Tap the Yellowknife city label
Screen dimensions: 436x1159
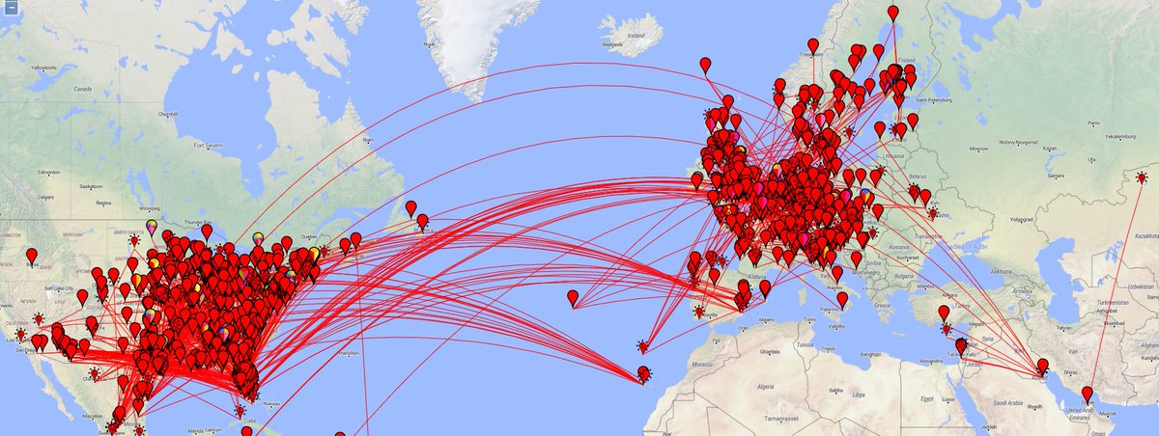click(45, 68)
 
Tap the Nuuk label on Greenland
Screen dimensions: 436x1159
click(367, 140)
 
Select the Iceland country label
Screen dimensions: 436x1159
click(636, 36)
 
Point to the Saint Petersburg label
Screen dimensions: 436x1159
click(935, 99)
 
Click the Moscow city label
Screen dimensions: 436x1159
click(980, 149)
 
